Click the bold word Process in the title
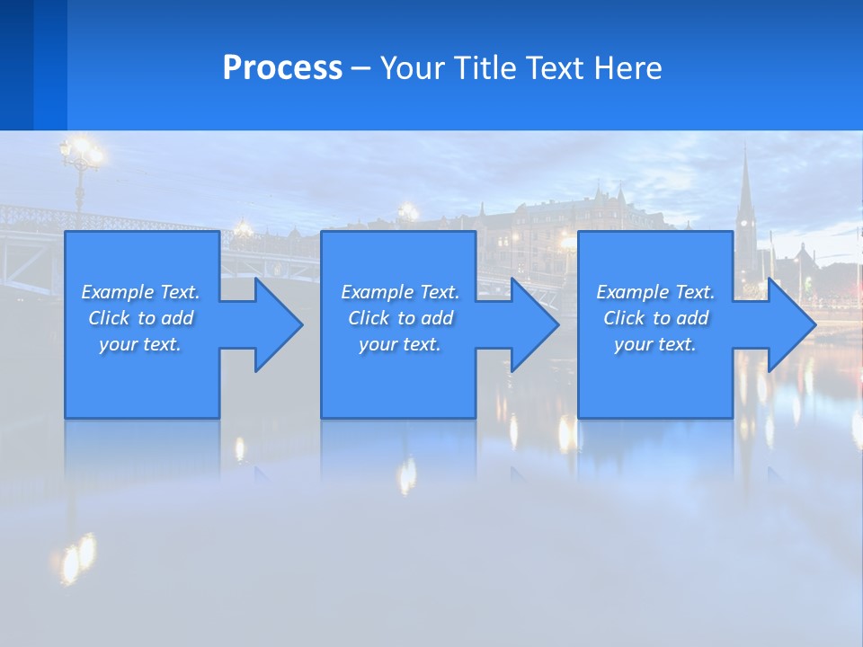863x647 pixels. [282, 68]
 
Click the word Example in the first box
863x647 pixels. [117, 292]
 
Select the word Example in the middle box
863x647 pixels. [377, 292]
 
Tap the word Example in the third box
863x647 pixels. [632, 292]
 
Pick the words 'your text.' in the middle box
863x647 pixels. [399, 344]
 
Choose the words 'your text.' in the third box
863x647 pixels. [654, 344]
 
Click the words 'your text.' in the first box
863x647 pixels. [140, 344]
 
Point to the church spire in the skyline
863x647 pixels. [745, 184]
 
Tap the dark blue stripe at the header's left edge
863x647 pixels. [16, 65]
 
